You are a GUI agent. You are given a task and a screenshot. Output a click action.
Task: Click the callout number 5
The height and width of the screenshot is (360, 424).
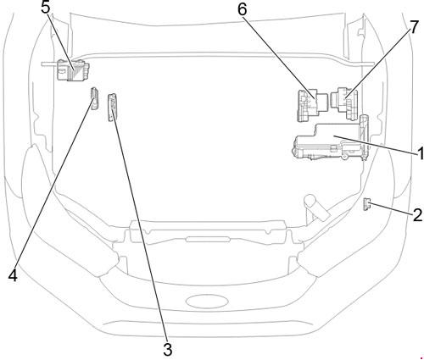[46, 8]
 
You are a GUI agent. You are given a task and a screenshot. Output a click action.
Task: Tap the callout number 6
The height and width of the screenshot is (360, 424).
[243, 9]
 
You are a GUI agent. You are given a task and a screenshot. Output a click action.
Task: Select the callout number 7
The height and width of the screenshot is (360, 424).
[414, 28]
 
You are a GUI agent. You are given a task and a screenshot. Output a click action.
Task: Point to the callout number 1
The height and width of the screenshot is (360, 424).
[421, 154]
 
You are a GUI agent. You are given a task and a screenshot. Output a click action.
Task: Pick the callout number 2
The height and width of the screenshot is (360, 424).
[418, 215]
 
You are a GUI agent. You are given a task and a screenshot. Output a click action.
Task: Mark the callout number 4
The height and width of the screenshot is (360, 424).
[13, 275]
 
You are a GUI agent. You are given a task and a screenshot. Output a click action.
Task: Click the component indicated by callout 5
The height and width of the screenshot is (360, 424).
[73, 69]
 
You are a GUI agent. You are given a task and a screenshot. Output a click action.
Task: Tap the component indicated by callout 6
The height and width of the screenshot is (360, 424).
[312, 105]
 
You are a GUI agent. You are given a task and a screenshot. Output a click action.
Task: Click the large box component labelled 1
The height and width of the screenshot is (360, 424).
[331, 141]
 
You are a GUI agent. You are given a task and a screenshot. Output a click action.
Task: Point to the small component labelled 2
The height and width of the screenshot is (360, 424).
[366, 204]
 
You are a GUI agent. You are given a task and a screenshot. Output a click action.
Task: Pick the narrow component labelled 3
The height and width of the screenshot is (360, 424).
[112, 108]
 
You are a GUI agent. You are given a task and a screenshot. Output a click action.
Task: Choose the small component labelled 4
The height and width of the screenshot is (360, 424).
[94, 98]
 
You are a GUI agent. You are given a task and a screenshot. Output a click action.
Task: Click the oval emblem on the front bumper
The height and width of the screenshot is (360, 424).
[207, 302]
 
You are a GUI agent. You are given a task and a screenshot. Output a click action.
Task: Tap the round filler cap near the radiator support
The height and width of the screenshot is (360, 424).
[311, 202]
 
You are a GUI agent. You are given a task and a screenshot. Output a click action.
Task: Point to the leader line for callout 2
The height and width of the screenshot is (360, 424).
[391, 208]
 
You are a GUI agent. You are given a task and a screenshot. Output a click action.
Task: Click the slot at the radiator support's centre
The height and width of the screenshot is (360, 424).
[207, 240]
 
